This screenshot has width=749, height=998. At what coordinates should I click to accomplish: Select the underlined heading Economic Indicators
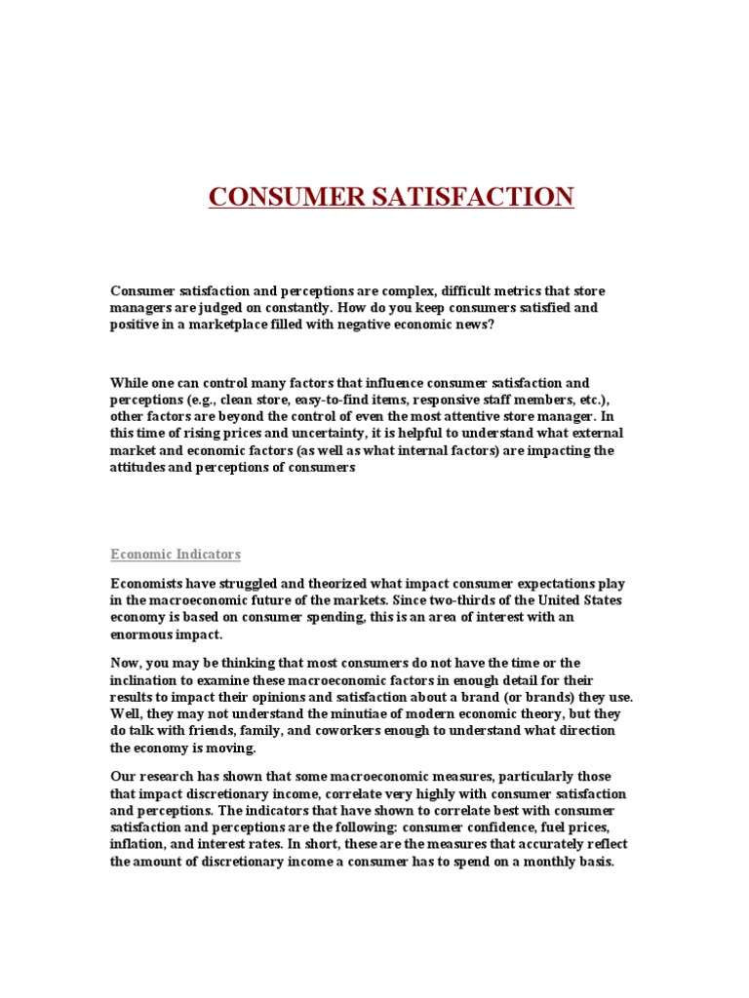click(176, 555)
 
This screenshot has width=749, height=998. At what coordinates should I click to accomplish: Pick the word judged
click(247, 308)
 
